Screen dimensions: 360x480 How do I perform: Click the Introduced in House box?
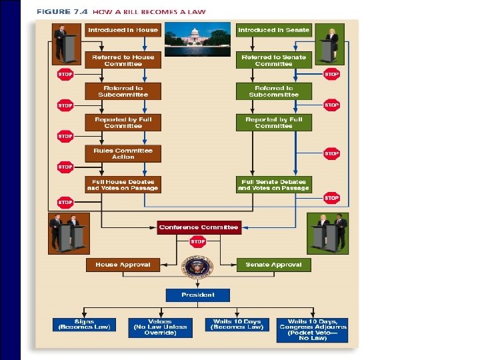coord(123,30)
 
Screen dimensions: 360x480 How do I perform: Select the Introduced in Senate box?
coord(273,30)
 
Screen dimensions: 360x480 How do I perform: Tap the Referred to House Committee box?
coord(123,61)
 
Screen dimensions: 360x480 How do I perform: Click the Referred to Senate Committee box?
coord(273,61)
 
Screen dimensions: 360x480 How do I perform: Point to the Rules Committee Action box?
coord(123,153)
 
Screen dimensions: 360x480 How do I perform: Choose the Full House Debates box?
coord(123,185)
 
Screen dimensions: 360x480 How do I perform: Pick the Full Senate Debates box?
coord(273,185)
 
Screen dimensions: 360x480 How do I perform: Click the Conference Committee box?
coord(198,227)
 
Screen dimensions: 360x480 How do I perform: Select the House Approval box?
coord(123,265)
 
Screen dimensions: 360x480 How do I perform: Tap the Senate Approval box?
coord(273,265)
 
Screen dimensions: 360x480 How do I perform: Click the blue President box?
coord(198,295)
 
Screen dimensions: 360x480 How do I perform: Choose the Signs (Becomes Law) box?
coord(84,325)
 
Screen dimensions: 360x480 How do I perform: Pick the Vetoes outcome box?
coord(160,327)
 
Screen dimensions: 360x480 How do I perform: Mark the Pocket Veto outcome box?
coord(312,329)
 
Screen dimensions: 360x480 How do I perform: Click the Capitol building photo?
coord(198,40)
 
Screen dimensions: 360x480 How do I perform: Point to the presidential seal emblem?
coord(198,267)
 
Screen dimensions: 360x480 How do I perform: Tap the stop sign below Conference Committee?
coord(198,242)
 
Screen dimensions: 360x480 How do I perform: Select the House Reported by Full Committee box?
coord(123,123)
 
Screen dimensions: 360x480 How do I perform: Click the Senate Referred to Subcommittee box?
coord(273,91)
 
